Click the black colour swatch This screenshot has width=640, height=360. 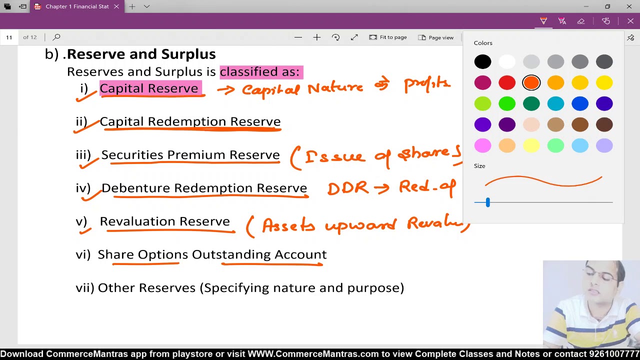point(482,61)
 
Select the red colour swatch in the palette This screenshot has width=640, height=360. point(507,82)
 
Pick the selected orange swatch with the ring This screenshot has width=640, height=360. point(531,82)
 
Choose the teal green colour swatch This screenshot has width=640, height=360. point(531,103)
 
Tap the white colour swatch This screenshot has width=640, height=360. point(507,61)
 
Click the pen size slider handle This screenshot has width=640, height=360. point(487,202)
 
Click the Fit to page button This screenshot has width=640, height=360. point(388,37)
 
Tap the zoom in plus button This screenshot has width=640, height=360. point(317,37)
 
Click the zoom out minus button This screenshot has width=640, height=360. point(298,37)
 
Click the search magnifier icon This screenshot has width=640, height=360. point(56,37)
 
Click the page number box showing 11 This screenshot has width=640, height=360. point(9,37)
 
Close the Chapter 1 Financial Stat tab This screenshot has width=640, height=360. point(116,6)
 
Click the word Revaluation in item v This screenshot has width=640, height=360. point(137,221)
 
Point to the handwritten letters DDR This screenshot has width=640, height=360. point(347,188)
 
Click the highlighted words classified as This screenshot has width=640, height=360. point(260,71)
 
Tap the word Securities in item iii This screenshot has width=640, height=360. point(132,155)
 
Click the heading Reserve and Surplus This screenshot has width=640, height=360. point(141,54)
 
